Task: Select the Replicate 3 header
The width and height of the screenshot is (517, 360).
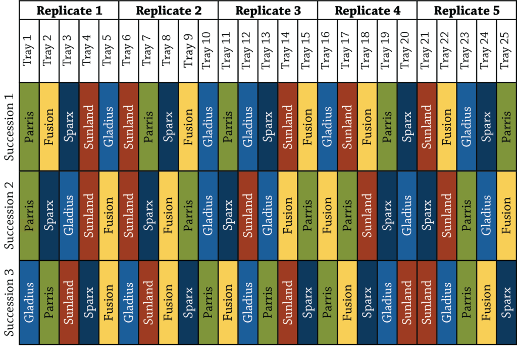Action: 268,10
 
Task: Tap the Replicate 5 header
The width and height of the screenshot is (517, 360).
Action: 467,10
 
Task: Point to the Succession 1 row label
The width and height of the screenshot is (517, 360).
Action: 10,126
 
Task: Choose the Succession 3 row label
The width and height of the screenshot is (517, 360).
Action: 10,302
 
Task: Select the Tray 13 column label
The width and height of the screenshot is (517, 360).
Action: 268,50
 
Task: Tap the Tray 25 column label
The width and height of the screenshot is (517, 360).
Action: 506,50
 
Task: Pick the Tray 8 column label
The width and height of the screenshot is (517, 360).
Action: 168,50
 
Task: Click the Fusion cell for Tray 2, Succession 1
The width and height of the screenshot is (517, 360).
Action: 49,126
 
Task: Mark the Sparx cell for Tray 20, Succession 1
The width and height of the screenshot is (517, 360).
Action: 407,126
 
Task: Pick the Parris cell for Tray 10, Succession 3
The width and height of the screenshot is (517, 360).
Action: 208,302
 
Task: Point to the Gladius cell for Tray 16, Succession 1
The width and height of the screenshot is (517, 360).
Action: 327,126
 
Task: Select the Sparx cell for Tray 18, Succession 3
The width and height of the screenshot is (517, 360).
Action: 367,302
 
